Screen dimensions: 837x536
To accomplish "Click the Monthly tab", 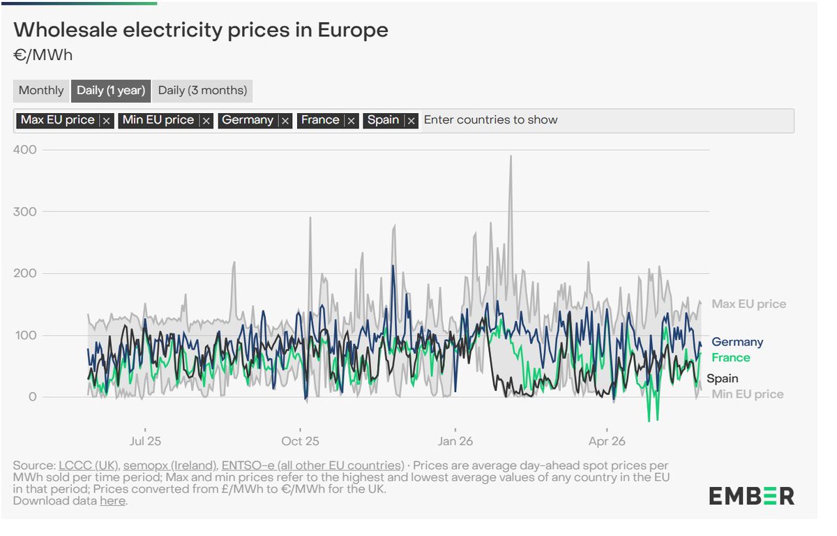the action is click(41, 91).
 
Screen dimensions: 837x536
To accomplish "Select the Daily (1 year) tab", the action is click(111, 91).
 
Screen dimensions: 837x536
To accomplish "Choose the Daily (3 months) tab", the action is click(202, 91).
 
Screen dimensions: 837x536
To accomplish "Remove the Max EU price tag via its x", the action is click(107, 121).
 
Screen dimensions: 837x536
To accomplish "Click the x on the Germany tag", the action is click(285, 121).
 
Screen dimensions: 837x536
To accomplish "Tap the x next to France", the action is click(352, 121).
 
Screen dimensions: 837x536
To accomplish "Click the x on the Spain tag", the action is click(412, 121).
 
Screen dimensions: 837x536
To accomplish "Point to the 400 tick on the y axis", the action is click(25, 150).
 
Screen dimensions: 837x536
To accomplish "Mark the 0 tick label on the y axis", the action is click(33, 396).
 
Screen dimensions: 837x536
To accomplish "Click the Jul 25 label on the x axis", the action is click(145, 441).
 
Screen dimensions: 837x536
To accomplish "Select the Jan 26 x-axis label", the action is click(455, 441).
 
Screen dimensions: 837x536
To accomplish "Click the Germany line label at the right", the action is click(737, 342).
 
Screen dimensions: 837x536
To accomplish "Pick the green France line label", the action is click(730, 358).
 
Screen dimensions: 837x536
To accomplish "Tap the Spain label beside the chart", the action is click(723, 378).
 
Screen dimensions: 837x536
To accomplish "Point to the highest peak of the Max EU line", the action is click(511, 156).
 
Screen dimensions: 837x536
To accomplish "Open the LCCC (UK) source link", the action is click(89, 466).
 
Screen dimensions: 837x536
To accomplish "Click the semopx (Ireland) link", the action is click(170, 466).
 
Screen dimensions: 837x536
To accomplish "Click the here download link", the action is click(112, 500).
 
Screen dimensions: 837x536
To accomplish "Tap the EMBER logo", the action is click(751, 496).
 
